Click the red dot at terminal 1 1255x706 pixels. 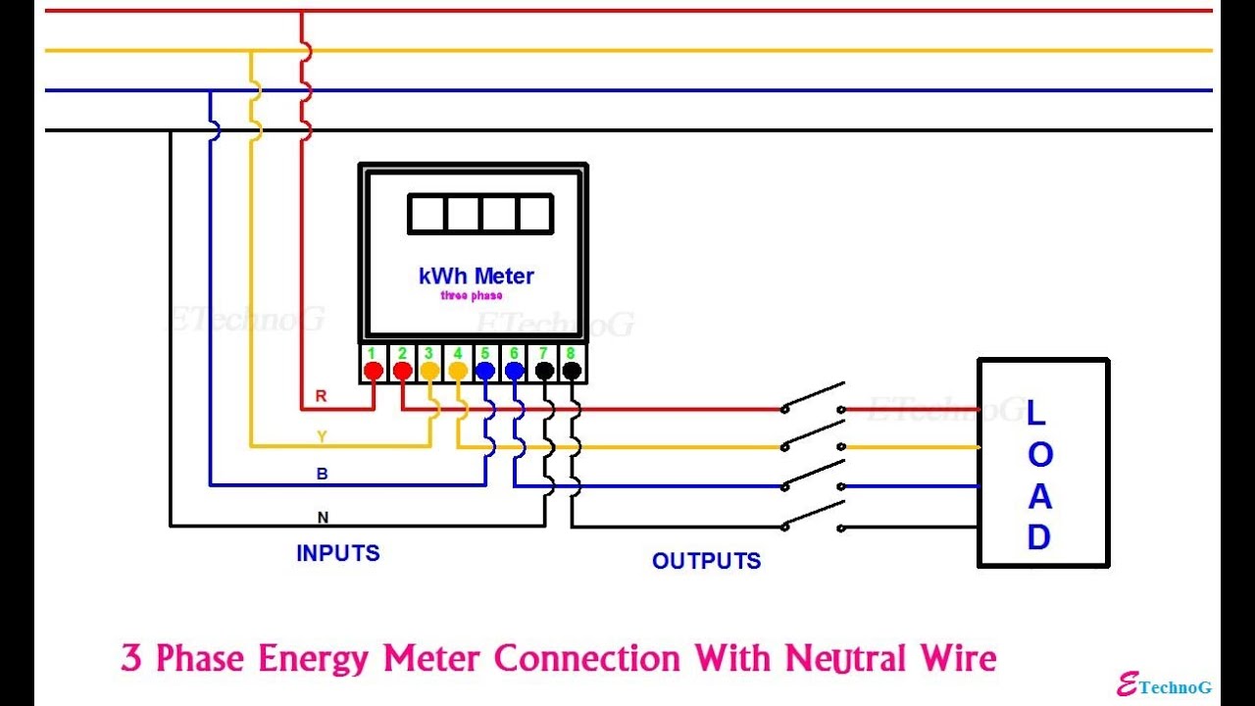tap(373, 371)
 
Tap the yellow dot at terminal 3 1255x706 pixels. tap(429, 371)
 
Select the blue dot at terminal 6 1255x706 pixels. tap(515, 371)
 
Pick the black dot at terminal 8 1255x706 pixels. tap(572, 371)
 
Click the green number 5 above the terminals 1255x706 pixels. tap(484, 353)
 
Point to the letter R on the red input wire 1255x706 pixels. tap(321, 396)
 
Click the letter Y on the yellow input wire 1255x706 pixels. tap(321, 435)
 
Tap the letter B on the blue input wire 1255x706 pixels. tap(322, 474)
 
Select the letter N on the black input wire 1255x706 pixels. tap(323, 517)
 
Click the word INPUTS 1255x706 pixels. tap(337, 553)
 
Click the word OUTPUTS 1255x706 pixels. tap(706, 561)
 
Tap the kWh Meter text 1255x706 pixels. tap(476, 277)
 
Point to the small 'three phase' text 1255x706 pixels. tap(472, 296)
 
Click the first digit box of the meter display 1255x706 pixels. tap(427, 214)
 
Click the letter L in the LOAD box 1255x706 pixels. tap(1035, 413)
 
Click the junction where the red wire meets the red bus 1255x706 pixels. tap(301, 12)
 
